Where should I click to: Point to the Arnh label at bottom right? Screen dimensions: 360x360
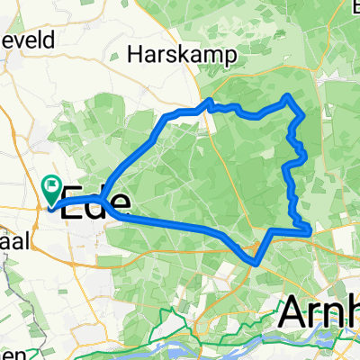[x=319, y=312]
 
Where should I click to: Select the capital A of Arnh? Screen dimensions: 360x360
[x=293, y=312]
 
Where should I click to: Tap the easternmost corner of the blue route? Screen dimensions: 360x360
[x=310, y=231]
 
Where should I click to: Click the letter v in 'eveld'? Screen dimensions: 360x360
[x=21, y=39]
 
